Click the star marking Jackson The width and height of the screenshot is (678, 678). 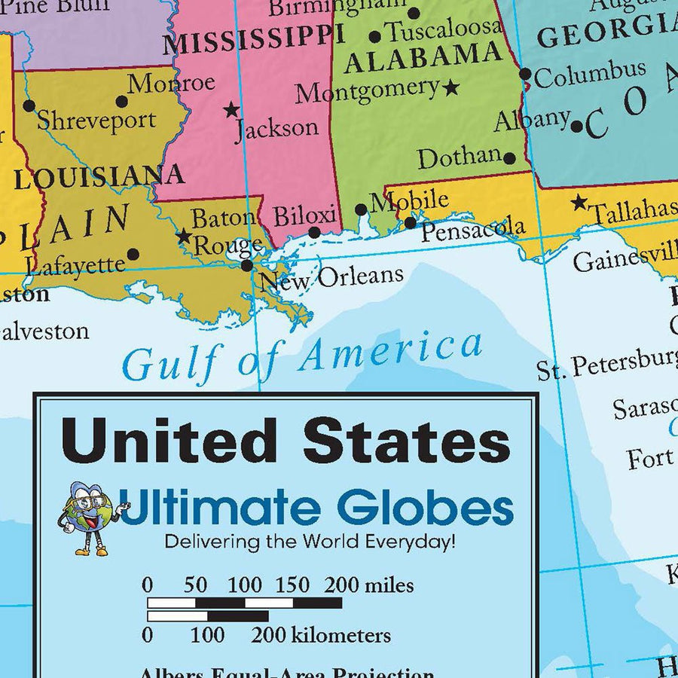231,110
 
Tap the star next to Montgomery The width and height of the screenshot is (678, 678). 451,87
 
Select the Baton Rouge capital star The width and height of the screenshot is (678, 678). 184,236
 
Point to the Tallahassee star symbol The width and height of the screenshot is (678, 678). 579,202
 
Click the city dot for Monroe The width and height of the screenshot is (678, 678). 121,101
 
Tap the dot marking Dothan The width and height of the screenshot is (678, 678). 509,158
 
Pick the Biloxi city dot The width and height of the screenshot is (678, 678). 314,233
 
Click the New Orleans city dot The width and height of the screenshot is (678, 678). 247,265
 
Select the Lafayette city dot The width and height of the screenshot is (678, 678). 133,255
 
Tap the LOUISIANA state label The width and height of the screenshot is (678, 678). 99,178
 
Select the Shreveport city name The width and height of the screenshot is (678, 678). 96,121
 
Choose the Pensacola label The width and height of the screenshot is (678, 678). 472,229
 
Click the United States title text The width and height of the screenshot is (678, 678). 286,440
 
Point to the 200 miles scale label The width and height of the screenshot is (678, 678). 369,585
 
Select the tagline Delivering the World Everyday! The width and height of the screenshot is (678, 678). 310,541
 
